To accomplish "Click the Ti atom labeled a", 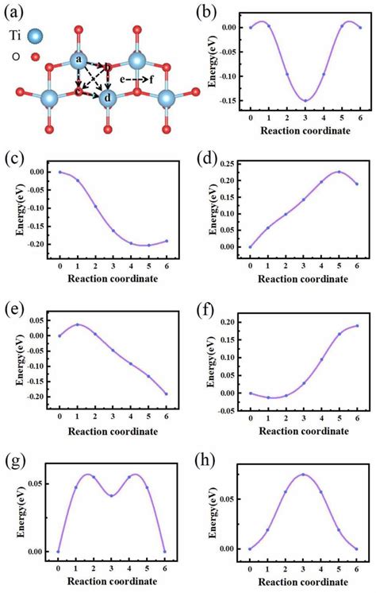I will pyautogui.click(x=79, y=60).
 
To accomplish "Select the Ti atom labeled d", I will pyautogui.click(x=108, y=99).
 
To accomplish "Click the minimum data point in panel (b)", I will pyautogui.click(x=305, y=100).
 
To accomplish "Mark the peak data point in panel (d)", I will pyautogui.click(x=340, y=172).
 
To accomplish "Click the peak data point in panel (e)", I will pyautogui.click(x=78, y=324).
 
